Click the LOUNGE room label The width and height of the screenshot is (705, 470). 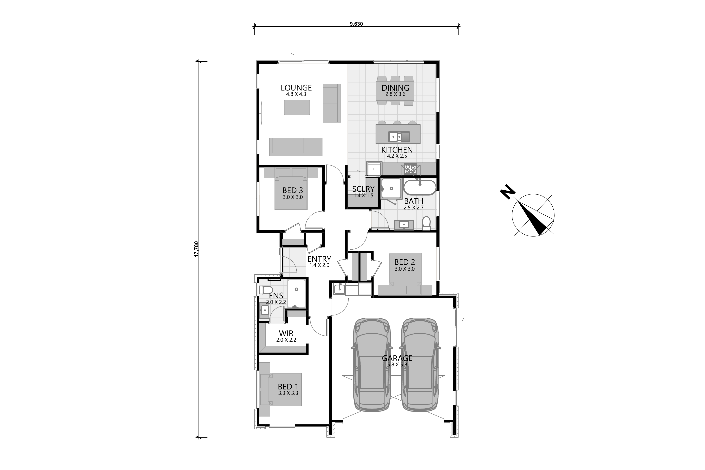point(296,88)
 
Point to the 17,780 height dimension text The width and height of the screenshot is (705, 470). point(196,249)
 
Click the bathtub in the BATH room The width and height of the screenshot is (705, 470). point(420,187)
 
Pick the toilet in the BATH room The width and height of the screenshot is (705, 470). point(426,223)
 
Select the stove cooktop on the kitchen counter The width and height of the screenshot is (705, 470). point(410,169)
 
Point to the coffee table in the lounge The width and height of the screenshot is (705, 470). point(297,107)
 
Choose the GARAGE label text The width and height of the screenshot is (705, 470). point(397,358)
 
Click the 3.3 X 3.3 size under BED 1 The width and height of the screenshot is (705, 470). point(288,393)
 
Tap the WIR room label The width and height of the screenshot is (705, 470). point(286,333)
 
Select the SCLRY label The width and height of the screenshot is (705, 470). point(363,189)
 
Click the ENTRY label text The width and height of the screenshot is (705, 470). point(319,259)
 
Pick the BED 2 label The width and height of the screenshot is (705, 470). point(405,262)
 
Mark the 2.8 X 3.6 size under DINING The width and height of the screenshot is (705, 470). point(395,94)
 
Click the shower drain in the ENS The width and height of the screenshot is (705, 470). point(296,289)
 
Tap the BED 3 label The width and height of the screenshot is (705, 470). point(293,190)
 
